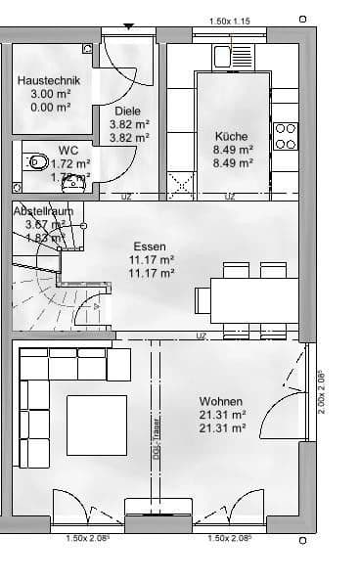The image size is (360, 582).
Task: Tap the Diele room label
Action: pos(128,112)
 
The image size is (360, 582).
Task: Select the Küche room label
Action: pos(232,137)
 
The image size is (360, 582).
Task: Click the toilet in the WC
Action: pos(36,160)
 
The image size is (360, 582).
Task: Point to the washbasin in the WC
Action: pos(71,181)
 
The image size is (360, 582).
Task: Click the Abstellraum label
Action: pos(44,211)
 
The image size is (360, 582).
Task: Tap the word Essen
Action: pos(150,246)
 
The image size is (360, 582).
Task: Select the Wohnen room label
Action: pos(221,401)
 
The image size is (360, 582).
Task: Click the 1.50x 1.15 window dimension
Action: pos(231,21)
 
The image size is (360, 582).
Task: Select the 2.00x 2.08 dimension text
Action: pos(322,391)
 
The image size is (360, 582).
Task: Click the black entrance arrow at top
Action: pos(127,26)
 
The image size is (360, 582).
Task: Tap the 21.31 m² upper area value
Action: pos(222,415)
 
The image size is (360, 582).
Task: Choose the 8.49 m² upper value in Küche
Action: pos(233,151)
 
